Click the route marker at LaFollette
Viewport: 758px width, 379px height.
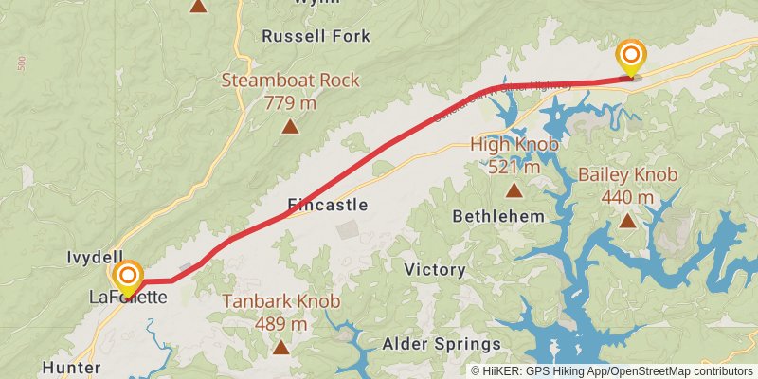(127, 278)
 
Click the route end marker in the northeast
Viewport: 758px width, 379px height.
(629, 56)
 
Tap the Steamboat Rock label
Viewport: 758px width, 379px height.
(290, 81)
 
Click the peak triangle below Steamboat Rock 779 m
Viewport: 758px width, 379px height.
(291, 125)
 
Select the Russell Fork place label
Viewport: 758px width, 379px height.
(316, 37)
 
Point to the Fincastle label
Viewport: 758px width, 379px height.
(327, 205)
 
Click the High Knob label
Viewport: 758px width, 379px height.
(514, 145)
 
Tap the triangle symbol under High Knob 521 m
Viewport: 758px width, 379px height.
(514, 189)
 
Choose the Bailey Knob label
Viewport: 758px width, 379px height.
(627, 175)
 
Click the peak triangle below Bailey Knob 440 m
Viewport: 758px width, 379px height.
(627, 221)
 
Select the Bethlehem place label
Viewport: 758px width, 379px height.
(498, 216)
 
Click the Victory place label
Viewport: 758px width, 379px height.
(435, 270)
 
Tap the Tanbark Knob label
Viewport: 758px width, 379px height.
(281, 302)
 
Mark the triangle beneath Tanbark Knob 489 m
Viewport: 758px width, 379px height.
(281, 347)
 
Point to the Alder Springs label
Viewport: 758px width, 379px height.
(441, 344)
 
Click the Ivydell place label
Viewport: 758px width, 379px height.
(95, 258)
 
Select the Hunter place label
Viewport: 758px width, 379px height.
(71, 368)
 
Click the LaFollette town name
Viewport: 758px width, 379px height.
(128, 298)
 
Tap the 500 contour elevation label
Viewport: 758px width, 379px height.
(21, 64)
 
